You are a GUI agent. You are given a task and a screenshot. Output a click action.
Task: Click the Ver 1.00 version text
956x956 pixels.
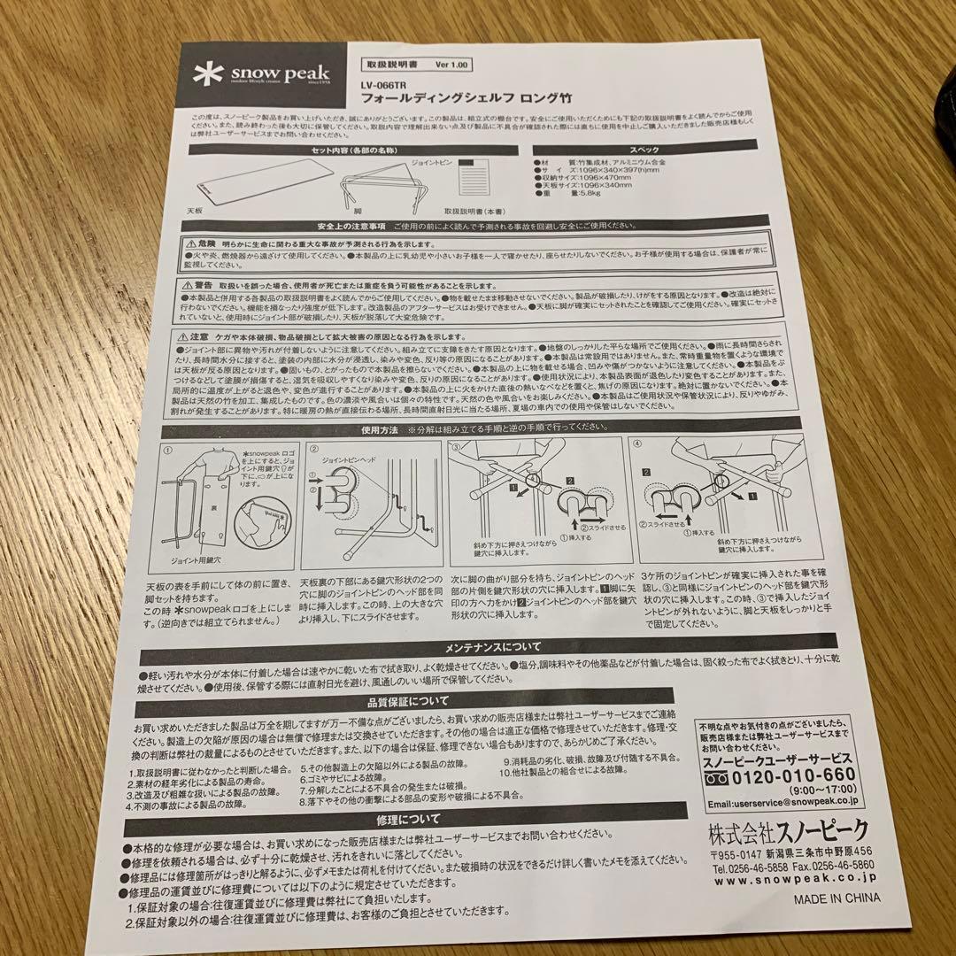pyautogui.click(x=453, y=66)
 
